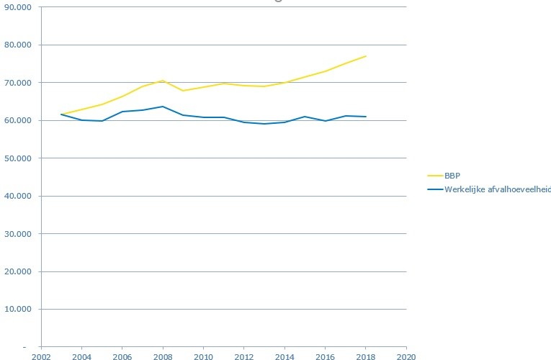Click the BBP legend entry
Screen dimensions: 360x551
[452, 174]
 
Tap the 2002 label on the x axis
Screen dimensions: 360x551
[41, 356]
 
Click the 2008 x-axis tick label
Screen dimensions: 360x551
[163, 356]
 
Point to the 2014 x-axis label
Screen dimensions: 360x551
[285, 356]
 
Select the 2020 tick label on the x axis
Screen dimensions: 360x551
[406, 356]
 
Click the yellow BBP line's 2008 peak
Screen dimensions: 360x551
[163, 81]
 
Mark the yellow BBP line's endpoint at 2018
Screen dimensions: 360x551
[366, 56]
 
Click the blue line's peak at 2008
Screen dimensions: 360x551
[163, 107]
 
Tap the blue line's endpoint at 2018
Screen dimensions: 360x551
[366, 117]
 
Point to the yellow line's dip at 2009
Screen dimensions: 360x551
[183, 91]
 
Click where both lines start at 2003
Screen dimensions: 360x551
[61, 114]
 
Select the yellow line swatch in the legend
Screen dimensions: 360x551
[435, 174]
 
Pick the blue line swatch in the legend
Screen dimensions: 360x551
[435, 189]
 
